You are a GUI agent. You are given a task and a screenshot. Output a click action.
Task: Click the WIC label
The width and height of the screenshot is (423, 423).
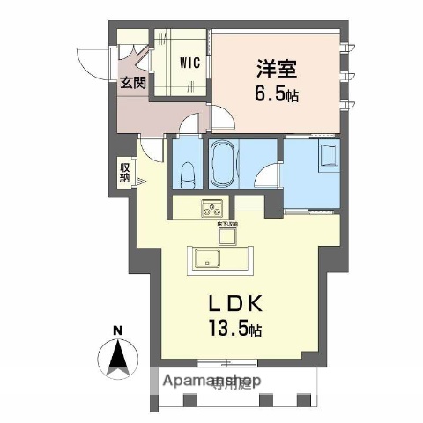190,63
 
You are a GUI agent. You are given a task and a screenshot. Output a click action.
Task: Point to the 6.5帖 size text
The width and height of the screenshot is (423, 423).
278,93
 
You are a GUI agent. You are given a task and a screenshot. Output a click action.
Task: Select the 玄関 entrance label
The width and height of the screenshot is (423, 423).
134,84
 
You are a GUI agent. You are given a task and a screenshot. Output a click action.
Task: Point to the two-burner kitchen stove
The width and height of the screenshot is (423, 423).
214,209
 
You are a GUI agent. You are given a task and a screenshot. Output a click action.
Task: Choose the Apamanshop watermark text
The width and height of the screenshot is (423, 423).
208,382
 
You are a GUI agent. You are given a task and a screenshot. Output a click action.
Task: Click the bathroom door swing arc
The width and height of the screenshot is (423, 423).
263,175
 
